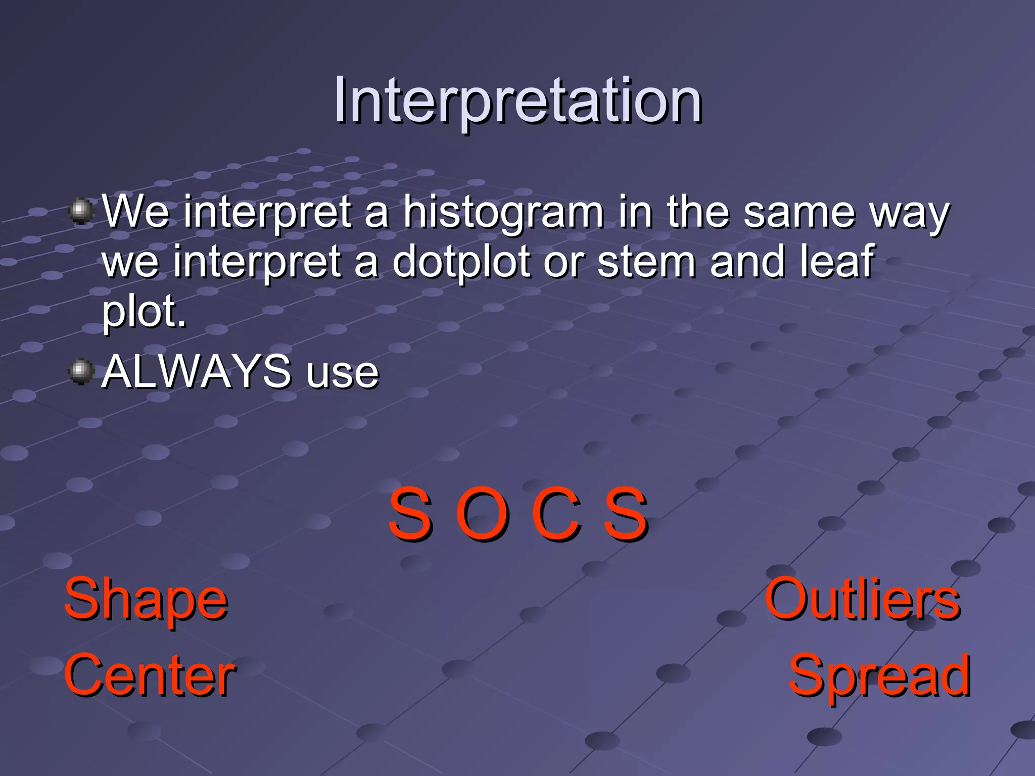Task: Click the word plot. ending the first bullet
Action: pyautogui.click(x=144, y=312)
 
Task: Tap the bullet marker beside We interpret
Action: pyautogui.click(x=81, y=211)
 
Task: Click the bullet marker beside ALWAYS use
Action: pyautogui.click(x=81, y=371)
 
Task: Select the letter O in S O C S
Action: pyautogui.click(x=482, y=514)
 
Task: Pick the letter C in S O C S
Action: pyautogui.click(x=555, y=514)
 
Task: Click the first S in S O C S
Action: pyautogui.click(x=410, y=514)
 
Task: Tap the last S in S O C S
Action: pyautogui.click(x=626, y=514)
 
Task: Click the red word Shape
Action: pyautogui.click(x=146, y=600)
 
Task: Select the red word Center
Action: pyautogui.click(x=150, y=675)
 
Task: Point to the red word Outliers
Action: pyautogui.click(x=862, y=600)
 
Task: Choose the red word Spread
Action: pyautogui.click(x=879, y=675)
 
